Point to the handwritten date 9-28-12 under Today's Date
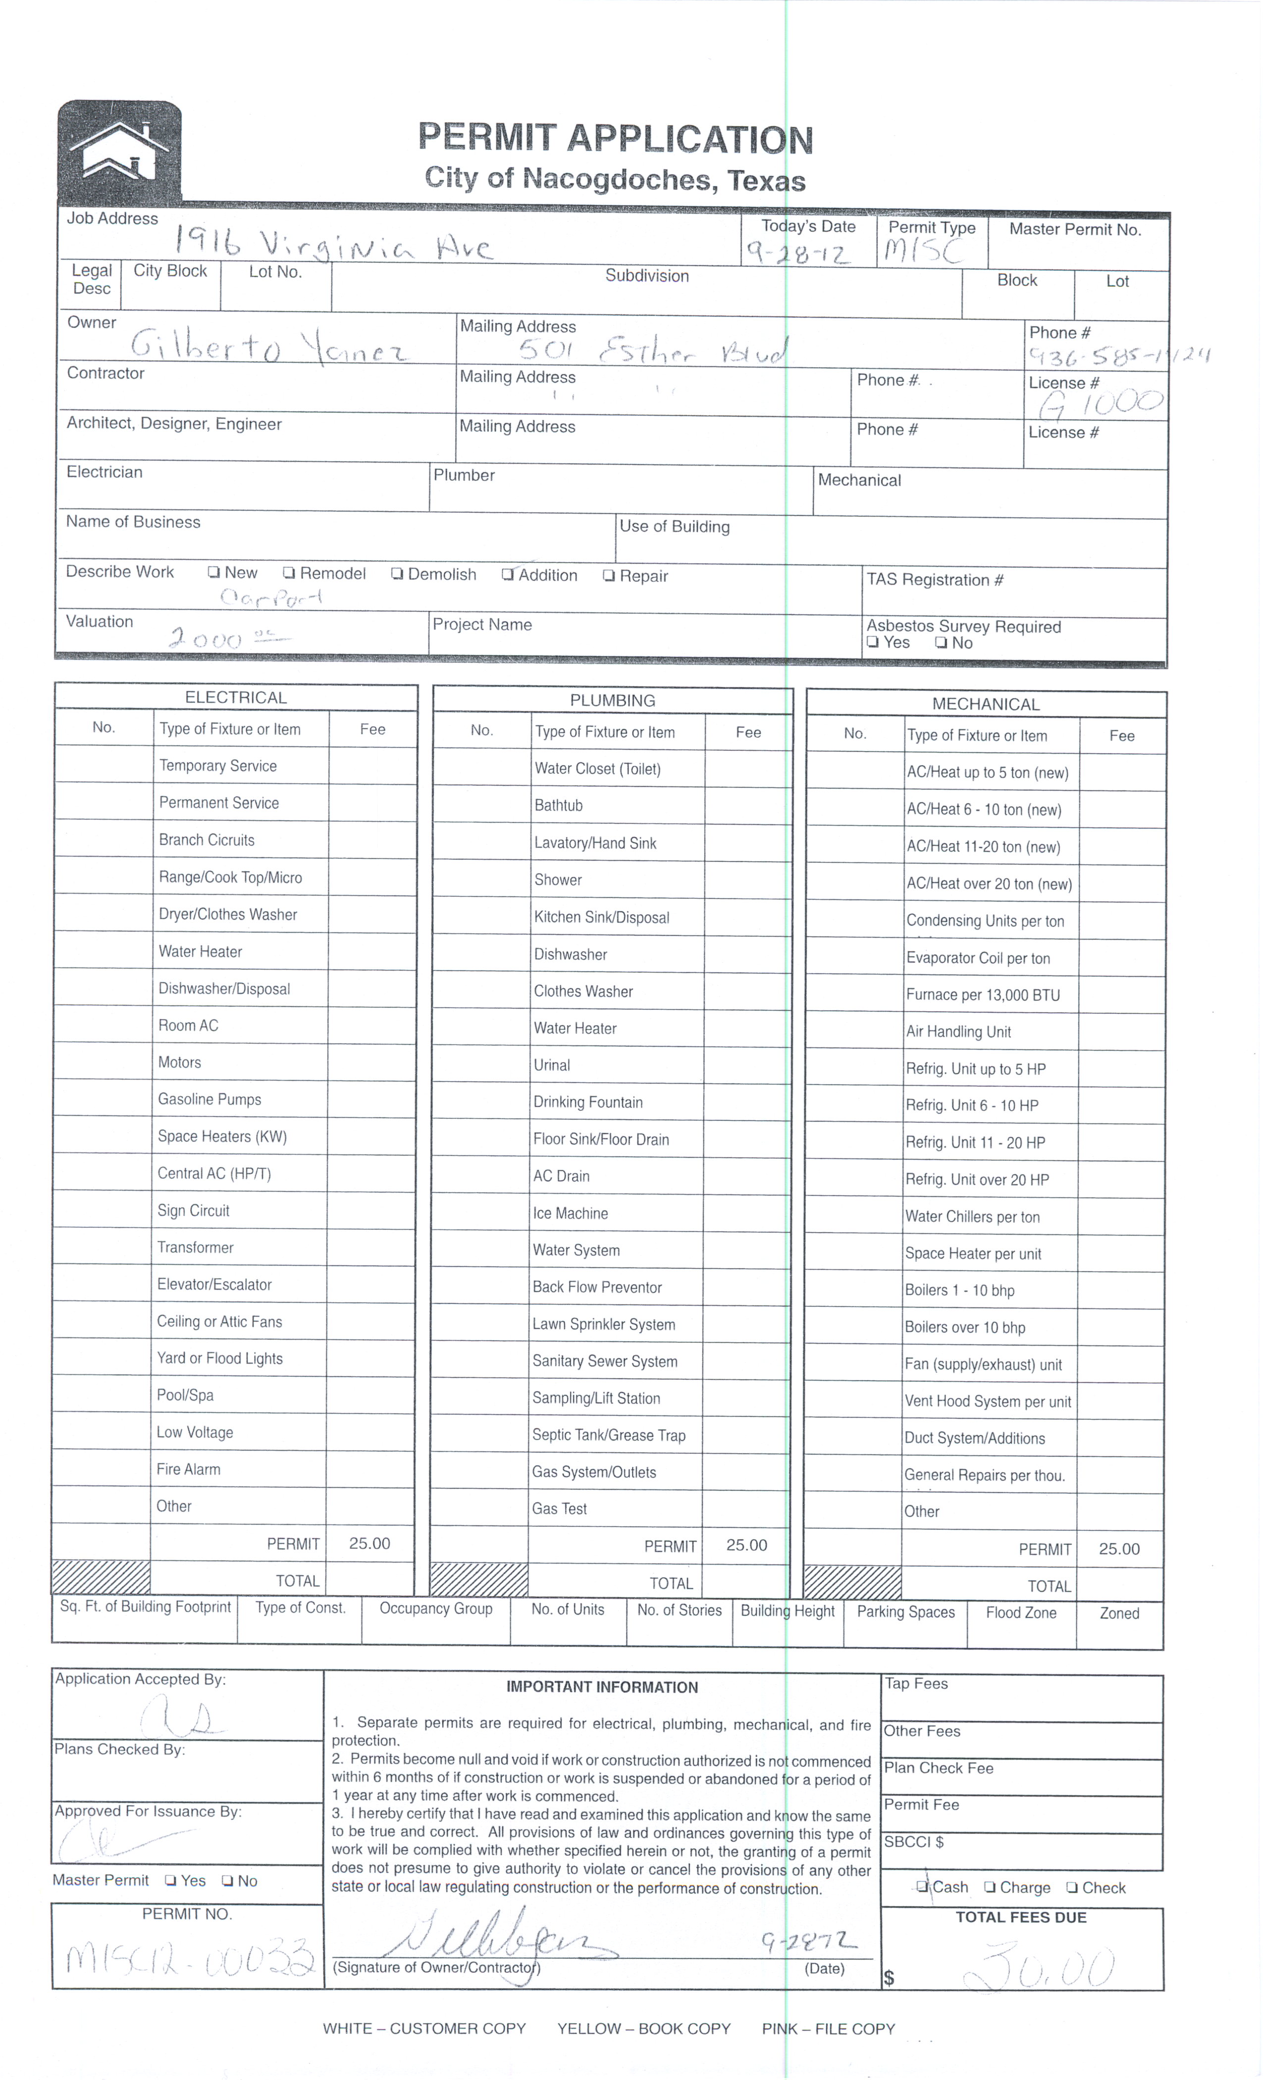tap(797, 253)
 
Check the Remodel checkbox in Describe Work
tap(289, 573)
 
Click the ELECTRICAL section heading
tap(236, 697)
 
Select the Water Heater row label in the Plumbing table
tap(575, 1028)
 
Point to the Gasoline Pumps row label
tap(210, 1099)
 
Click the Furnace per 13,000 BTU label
tap(983, 994)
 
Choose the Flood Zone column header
tap(1021, 1612)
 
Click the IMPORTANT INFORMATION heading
tap(602, 1687)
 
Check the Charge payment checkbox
tap(990, 1887)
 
